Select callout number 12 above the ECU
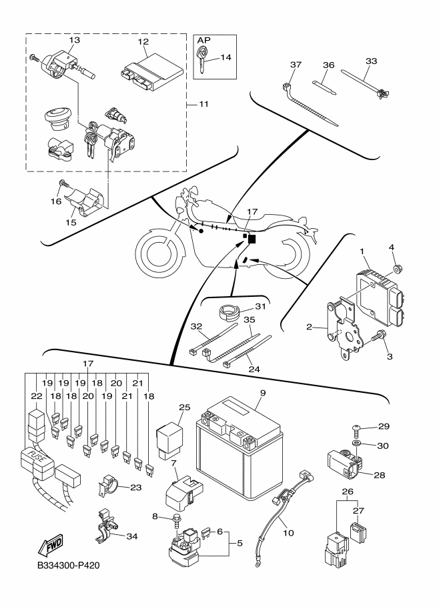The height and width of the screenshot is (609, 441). point(143,41)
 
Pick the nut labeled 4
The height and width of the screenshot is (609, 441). point(395,267)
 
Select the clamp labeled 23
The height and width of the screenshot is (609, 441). point(108,487)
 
